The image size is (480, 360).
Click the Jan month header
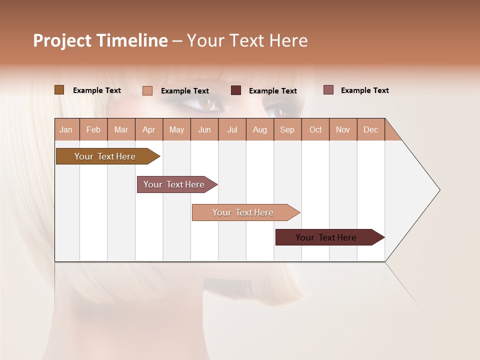coord(66,130)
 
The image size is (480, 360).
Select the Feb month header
coord(93,130)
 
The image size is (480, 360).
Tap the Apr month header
coord(149,130)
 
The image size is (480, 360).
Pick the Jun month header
coord(204,130)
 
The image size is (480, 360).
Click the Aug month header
coord(260,130)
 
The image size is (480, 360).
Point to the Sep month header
coord(287,130)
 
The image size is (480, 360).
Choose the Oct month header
coord(315,130)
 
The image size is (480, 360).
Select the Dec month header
coord(371,130)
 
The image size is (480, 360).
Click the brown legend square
coord(59,90)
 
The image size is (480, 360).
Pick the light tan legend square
coord(147,90)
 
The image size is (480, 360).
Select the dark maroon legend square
coord(236,90)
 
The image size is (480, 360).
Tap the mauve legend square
coord(328,90)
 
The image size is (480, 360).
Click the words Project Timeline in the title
coord(100,40)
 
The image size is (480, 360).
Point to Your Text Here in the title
coord(247,40)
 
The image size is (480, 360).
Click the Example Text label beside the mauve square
coord(364,90)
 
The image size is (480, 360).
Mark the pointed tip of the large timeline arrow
coord(439,190)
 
